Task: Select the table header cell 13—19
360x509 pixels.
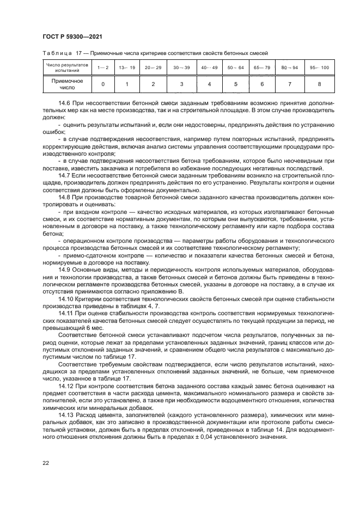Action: click(127, 68)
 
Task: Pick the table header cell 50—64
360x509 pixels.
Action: click(236, 68)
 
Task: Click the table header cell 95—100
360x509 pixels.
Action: click(319, 68)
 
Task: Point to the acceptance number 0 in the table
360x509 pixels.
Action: click(103, 84)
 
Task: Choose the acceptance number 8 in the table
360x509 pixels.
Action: click(319, 84)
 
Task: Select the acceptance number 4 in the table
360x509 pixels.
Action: click(209, 84)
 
